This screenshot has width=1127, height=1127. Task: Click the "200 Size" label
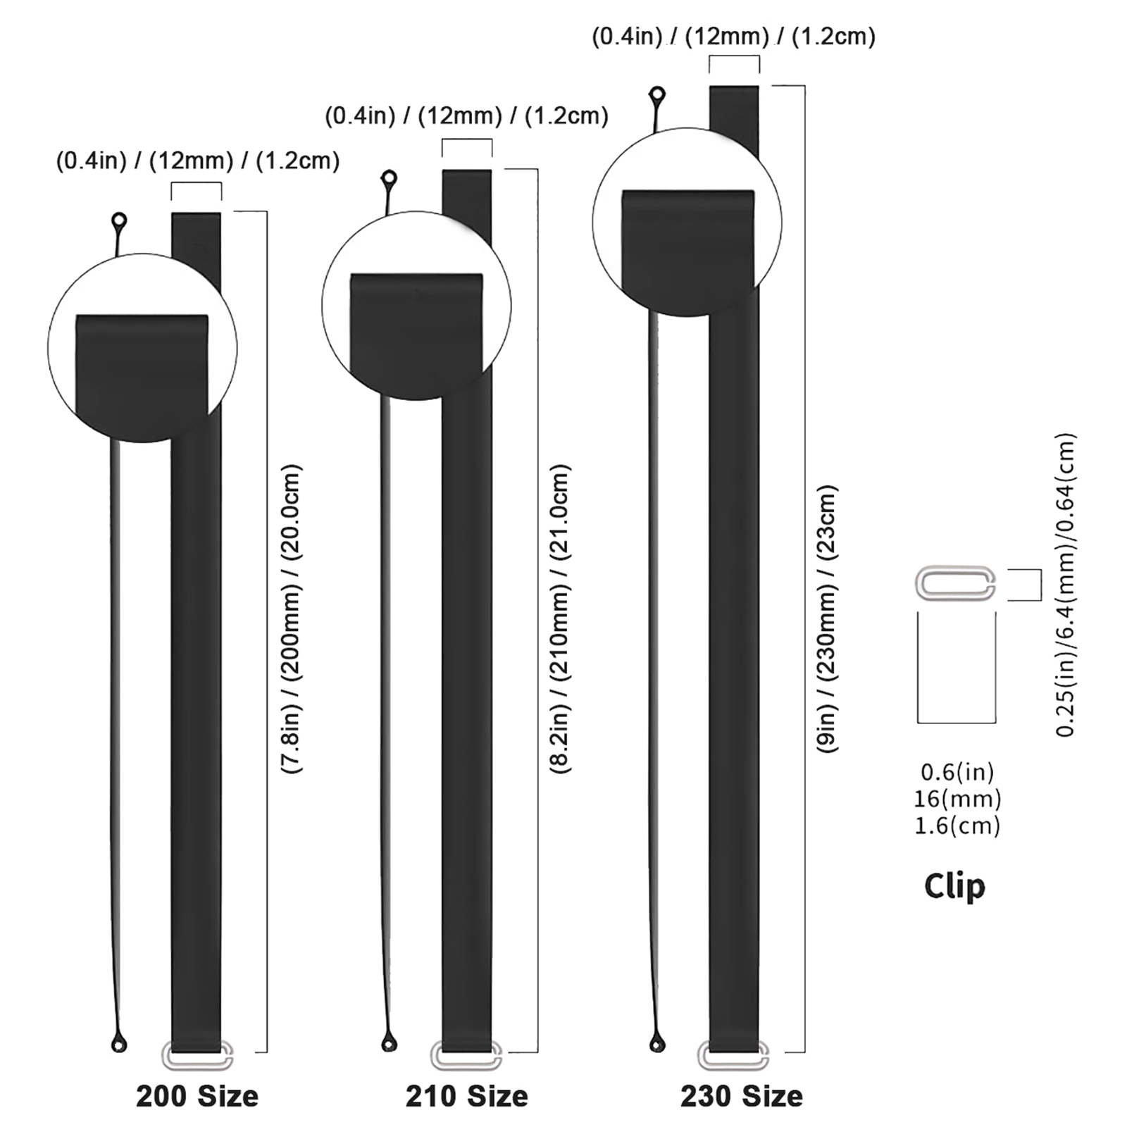coord(197,1097)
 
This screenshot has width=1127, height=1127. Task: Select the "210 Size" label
coord(466,1097)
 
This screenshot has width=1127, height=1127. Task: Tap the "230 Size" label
coord(741,1097)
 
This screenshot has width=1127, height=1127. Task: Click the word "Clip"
coord(954,887)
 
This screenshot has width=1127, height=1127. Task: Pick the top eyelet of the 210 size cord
coord(388,179)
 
